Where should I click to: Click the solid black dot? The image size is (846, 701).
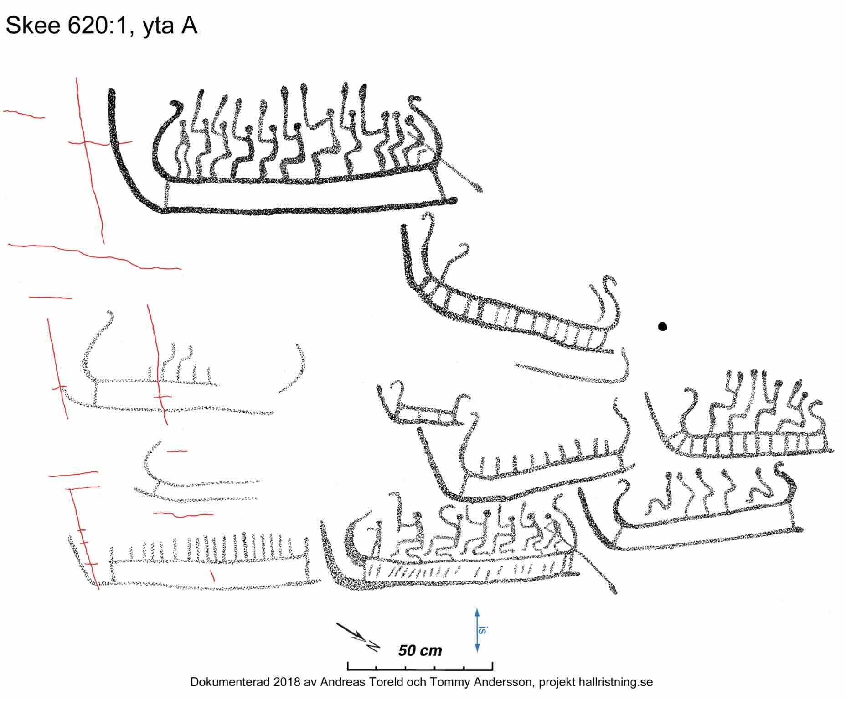point(662,326)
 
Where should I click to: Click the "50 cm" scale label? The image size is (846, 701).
point(420,650)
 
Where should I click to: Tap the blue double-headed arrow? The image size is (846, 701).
point(477,630)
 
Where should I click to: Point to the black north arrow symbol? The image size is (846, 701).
point(358,637)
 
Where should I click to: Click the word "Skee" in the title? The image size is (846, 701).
point(33,25)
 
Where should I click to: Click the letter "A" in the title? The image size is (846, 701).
point(189,26)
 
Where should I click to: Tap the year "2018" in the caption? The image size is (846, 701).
point(287,682)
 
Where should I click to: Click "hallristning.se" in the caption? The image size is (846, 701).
point(615,682)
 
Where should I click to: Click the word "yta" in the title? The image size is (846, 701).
point(158,26)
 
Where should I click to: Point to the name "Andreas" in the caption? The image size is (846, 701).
point(342,682)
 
